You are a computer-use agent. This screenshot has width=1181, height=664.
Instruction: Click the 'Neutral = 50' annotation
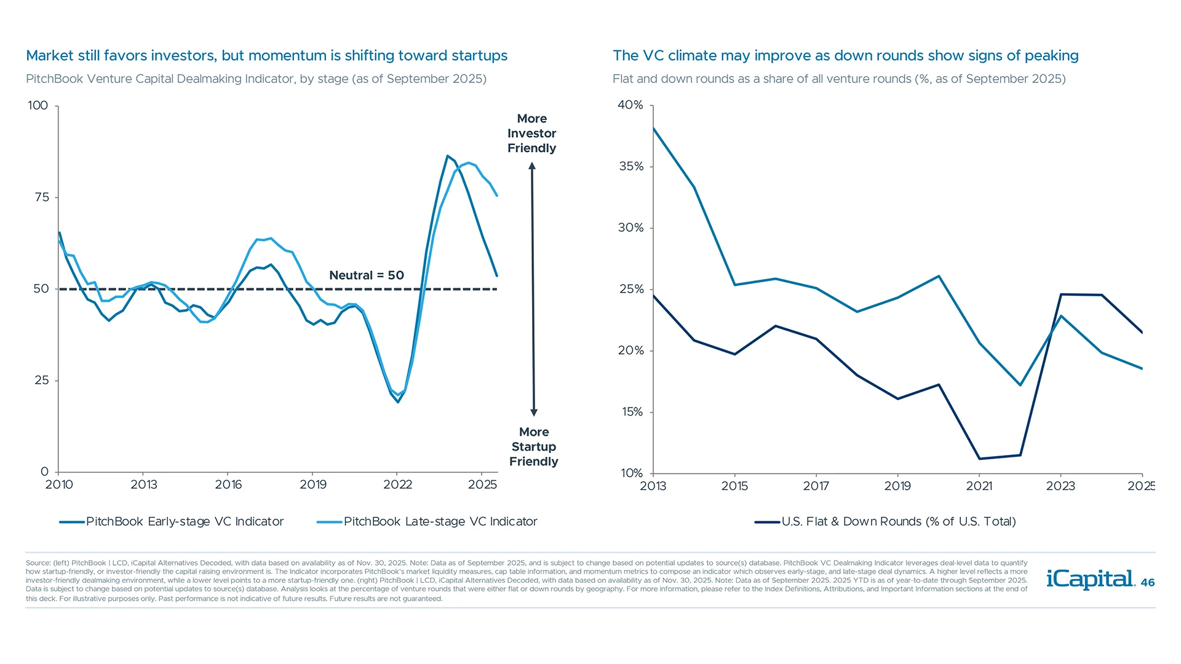coord(367,275)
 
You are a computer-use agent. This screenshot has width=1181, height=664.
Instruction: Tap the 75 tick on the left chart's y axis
coord(42,197)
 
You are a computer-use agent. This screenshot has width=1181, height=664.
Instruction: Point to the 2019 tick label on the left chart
coord(313,485)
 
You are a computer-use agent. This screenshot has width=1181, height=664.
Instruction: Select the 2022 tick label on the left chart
coord(397,485)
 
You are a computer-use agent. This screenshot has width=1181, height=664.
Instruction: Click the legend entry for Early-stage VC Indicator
coord(172,522)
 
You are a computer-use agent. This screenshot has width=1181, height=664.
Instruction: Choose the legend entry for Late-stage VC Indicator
coord(427,522)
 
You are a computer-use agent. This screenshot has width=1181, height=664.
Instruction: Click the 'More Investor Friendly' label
coord(531,133)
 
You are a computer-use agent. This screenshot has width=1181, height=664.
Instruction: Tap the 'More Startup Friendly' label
coord(533,447)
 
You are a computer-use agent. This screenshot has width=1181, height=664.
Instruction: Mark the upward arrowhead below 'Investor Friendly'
coord(532,166)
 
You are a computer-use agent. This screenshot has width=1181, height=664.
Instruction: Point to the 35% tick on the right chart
coord(631,167)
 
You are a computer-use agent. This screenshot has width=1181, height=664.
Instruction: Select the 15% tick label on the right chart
coord(632,412)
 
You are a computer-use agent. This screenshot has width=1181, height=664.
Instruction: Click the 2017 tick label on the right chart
coord(816,486)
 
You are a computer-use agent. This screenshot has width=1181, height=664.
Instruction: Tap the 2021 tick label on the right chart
coord(979,486)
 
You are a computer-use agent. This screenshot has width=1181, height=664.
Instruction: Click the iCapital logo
coord(1090,579)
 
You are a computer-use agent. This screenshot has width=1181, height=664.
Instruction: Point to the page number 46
coord(1148,583)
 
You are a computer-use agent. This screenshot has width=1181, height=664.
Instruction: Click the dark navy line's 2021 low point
coord(979,459)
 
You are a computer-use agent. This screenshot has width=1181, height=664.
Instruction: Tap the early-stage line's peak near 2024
coord(447,156)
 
